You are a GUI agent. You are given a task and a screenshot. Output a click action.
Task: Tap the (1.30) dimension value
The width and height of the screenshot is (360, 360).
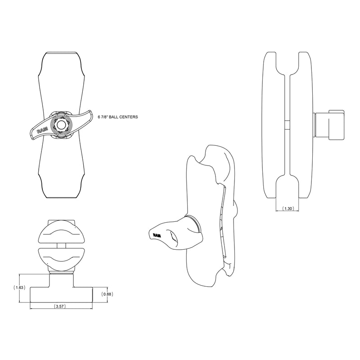(x=288, y=209)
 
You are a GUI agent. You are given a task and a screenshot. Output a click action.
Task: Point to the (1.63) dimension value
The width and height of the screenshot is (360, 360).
(x=19, y=287)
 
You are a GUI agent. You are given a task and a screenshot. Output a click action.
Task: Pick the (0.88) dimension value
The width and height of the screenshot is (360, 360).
(x=107, y=294)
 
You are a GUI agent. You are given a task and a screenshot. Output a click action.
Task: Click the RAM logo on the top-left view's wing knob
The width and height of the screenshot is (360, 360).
(x=42, y=130)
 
